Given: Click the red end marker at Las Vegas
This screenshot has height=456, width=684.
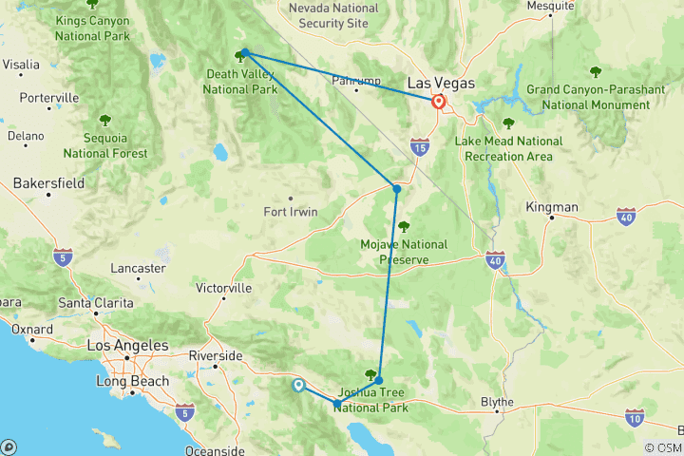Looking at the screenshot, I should click(x=439, y=102).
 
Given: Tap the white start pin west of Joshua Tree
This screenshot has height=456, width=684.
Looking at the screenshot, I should click(x=299, y=385).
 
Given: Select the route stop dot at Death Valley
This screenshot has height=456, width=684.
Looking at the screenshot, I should click(x=245, y=53).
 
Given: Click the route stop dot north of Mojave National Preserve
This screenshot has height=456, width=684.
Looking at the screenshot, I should click(x=397, y=189).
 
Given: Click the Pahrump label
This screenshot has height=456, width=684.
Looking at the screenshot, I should click(x=355, y=80).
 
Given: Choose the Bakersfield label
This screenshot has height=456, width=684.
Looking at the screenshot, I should click(x=48, y=182).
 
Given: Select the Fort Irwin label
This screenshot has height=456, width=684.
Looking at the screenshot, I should click(x=290, y=212).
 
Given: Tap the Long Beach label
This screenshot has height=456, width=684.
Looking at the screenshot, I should click(x=133, y=382).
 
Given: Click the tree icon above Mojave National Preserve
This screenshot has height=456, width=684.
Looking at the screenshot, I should click(x=405, y=226).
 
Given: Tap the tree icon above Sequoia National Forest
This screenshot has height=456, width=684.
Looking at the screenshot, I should click(x=104, y=120).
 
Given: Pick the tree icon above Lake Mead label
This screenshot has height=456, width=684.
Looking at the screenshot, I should click(x=508, y=123).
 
